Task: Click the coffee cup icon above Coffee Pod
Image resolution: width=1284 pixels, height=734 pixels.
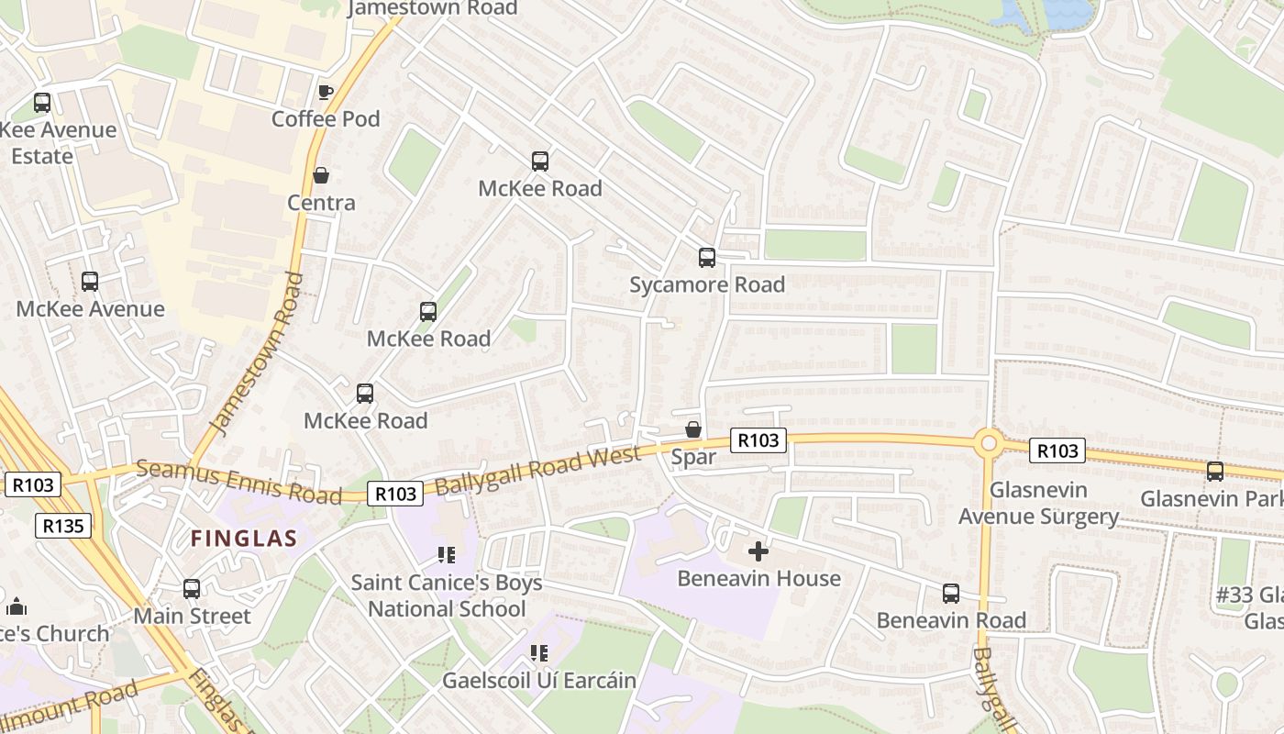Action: point(325,92)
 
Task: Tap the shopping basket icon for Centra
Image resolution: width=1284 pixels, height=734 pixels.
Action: point(321,174)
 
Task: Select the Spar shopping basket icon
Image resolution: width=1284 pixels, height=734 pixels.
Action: point(693,429)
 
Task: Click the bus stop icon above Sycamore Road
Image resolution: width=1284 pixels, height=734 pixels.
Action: point(706,258)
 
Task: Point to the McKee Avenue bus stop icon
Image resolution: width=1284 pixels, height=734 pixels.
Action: point(90,282)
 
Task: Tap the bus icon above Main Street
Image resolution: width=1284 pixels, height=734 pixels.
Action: point(192,589)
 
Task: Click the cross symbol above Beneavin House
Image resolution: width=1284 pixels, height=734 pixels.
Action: point(758,551)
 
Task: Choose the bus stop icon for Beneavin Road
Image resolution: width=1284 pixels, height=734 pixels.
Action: point(951,594)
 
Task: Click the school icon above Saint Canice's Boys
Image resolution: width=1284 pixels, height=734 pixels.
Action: point(447,555)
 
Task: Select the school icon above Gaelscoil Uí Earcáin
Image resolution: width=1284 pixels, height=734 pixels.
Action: point(539,653)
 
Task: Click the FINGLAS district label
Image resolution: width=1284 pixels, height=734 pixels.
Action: point(244,539)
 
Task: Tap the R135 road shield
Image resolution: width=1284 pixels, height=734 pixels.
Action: point(64,526)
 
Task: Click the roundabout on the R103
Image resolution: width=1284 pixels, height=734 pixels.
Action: point(988,444)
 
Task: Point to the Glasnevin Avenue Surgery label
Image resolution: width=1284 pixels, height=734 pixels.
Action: point(1038,504)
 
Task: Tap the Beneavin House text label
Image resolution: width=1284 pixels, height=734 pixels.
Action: point(758,579)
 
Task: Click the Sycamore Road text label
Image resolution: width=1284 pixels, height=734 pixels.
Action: point(706,284)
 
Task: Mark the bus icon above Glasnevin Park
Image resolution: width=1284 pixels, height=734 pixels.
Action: point(1215,472)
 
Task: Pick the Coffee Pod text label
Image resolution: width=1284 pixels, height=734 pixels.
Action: point(326,119)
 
